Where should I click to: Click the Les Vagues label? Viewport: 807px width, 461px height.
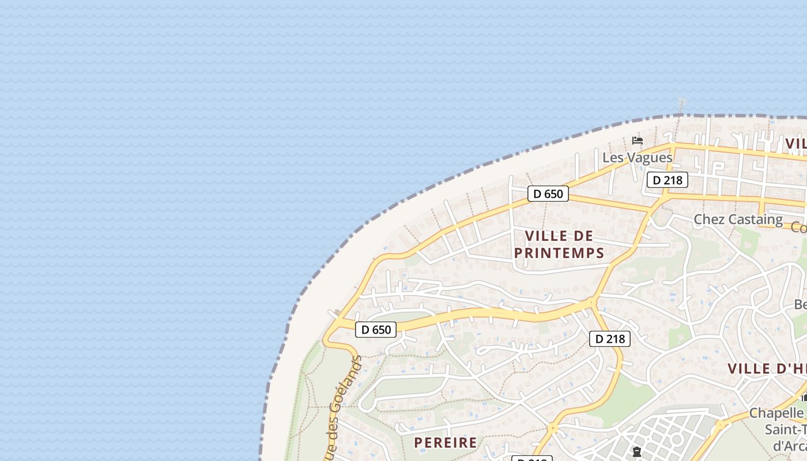(638, 157)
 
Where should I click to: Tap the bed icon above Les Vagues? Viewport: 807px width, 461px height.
(638, 141)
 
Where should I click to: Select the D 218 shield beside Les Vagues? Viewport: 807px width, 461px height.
(668, 180)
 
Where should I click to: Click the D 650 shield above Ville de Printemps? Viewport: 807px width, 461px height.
(548, 194)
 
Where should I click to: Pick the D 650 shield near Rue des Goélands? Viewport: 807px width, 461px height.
(376, 330)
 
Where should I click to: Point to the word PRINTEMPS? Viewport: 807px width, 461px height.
(559, 252)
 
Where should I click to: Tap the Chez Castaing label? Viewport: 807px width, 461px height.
(738, 219)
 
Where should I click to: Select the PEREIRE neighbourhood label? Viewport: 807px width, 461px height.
(446, 443)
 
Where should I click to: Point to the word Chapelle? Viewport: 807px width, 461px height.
(776, 413)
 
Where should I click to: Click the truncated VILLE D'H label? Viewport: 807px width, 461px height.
(767, 369)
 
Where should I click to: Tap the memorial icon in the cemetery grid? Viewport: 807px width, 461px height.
(637, 452)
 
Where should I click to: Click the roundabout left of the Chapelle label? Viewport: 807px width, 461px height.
(719, 426)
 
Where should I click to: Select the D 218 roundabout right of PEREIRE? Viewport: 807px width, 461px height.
(553, 428)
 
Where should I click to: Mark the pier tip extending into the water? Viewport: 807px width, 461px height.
(682, 101)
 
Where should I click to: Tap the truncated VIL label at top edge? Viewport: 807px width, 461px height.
(795, 143)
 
